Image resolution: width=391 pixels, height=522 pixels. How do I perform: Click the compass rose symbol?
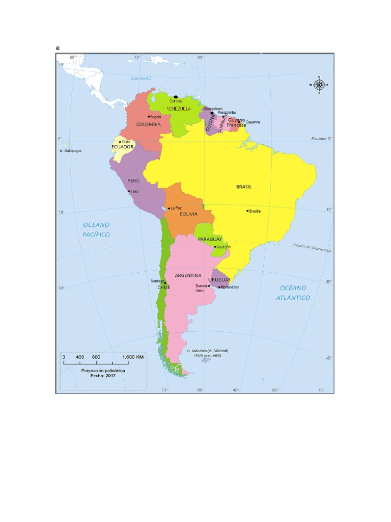tap(319, 85)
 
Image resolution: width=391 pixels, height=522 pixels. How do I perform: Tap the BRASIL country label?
tap(244, 187)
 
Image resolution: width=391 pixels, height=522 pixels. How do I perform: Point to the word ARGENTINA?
tap(188, 275)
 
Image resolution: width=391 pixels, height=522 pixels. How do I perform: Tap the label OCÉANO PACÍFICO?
tap(96, 229)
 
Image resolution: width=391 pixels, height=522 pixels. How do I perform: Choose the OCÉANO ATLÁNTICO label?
tap(293, 293)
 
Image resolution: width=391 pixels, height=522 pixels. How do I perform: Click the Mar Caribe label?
tap(141, 79)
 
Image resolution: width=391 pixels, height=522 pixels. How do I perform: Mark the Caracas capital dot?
tap(176, 97)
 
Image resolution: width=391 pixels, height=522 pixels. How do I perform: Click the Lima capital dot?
tap(129, 191)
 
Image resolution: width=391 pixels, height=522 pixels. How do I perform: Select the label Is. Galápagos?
tap(70, 150)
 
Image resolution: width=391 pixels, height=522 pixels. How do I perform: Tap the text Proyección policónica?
tap(103, 371)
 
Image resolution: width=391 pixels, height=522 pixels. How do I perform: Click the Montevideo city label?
tap(230, 288)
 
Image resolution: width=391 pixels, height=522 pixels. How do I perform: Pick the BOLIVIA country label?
tap(188, 214)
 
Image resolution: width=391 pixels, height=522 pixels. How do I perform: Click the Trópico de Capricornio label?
tap(312, 247)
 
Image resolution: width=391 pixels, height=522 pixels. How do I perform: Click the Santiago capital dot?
tap(165, 282)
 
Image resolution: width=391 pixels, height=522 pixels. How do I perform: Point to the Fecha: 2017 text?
tap(103, 376)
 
